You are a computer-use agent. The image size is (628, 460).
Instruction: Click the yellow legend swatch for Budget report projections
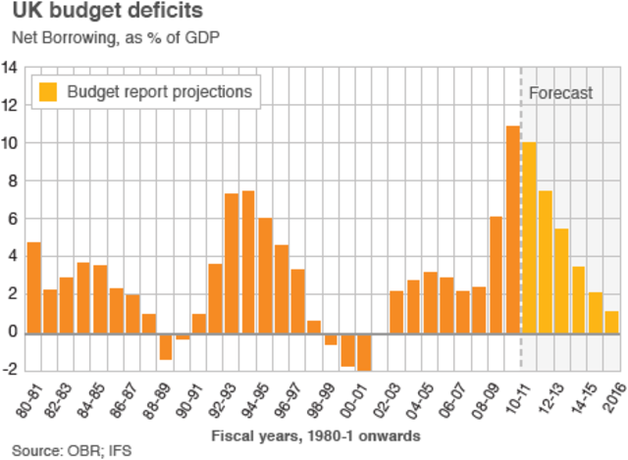point(47,92)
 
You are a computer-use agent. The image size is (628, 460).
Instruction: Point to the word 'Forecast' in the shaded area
point(560,93)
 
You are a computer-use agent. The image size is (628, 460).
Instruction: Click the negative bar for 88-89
point(166,346)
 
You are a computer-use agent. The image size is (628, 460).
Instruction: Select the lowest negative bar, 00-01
point(364,351)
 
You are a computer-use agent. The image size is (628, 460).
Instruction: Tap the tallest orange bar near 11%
point(512,230)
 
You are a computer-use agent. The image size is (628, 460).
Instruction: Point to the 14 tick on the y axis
point(10,68)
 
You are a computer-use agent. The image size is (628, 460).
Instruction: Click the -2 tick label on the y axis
point(10,370)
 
